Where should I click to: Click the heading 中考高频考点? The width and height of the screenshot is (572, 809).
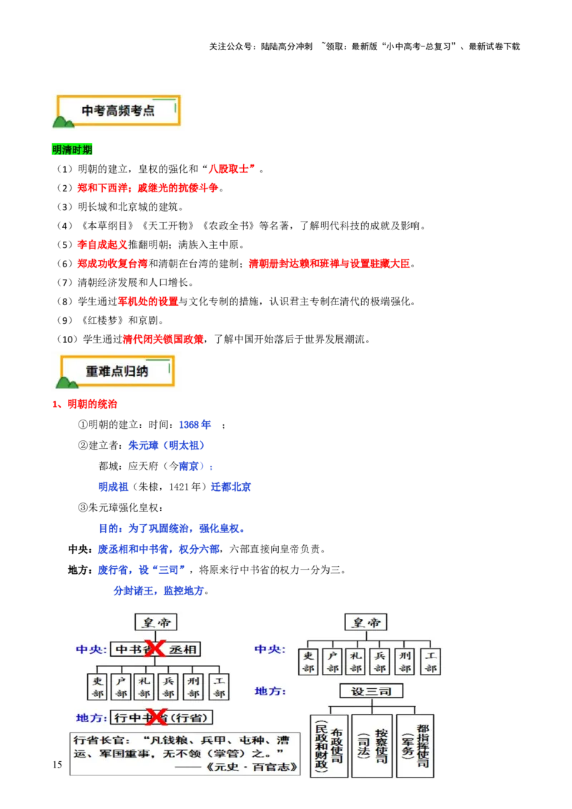click(x=118, y=110)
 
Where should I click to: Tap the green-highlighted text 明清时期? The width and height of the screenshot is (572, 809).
click(x=74, y=150)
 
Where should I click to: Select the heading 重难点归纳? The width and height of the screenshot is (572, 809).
click(x=118, y=372)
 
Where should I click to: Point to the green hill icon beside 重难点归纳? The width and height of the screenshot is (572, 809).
click(x=68, y=382)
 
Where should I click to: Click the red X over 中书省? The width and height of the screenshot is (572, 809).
click(x=154, y=649)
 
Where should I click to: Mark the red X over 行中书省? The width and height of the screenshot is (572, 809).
click(x=156, y=717)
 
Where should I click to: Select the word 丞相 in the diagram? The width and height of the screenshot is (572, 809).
click(x=184, y=650)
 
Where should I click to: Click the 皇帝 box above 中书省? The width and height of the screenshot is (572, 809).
click(x=156, y=622)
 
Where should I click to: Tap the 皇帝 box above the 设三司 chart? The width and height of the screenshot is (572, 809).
click(x=365, y=622)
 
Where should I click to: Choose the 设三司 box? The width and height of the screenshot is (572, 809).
click(x=371, y=691)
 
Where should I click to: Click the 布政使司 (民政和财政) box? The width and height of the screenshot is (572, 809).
click(x=329, y=746)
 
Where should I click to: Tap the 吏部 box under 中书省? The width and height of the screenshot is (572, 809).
click(x=99, y=687)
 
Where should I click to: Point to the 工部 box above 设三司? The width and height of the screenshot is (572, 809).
click(x=430, y=662)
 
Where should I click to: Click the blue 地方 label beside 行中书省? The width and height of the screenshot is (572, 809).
click(x=91, y=718)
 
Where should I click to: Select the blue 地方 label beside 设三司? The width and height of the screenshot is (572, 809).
click(x=270, y=691)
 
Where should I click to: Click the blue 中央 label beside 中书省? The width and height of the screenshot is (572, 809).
click(x=91, y=650)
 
